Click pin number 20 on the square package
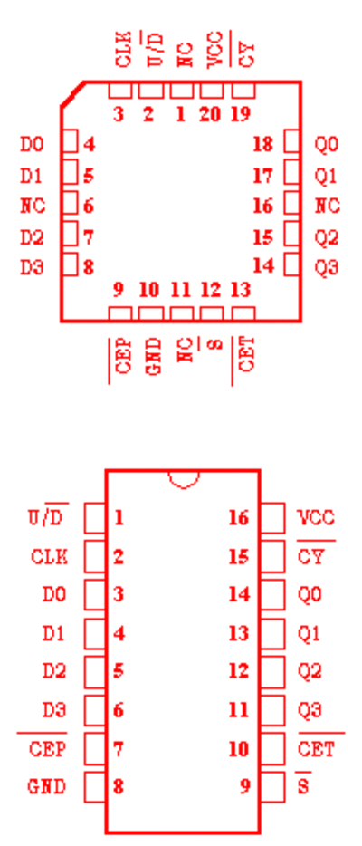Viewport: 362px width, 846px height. pos(210,114)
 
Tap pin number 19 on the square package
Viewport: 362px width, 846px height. pos(241,114)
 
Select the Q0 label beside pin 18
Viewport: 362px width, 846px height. pos(327,145)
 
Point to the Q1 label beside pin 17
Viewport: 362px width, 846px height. pos(327,176)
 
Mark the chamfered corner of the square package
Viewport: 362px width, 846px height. pos(72,94)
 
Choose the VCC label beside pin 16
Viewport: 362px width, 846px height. pos(316,518)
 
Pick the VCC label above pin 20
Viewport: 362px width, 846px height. pos(215,50)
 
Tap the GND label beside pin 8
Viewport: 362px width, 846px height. pos(47,786)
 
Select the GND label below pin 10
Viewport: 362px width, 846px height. pos(154,356)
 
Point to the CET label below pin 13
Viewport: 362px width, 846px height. pos(246,355)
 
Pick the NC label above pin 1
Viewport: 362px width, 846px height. pos(185,54)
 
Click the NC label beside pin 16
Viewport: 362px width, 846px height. pos(328,207)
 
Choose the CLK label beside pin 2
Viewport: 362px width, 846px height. pos(50,556)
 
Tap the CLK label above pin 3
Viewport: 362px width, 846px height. pos(123,50)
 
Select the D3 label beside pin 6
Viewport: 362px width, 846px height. pos(54,710)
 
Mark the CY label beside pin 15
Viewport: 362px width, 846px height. pos(310,556)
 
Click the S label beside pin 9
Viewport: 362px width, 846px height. pos(303,786)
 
